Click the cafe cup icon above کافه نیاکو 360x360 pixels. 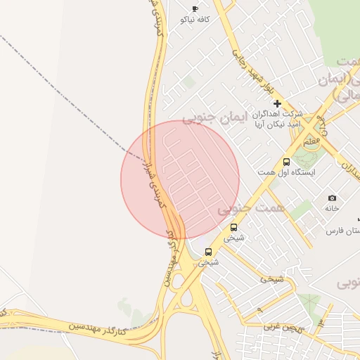tap(195, 8)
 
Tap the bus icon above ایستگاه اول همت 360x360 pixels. tap(286, 162)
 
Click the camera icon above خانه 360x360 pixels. tap(332, 198)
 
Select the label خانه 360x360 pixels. tap(332, 208)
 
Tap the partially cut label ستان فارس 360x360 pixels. tap(344, 231)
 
